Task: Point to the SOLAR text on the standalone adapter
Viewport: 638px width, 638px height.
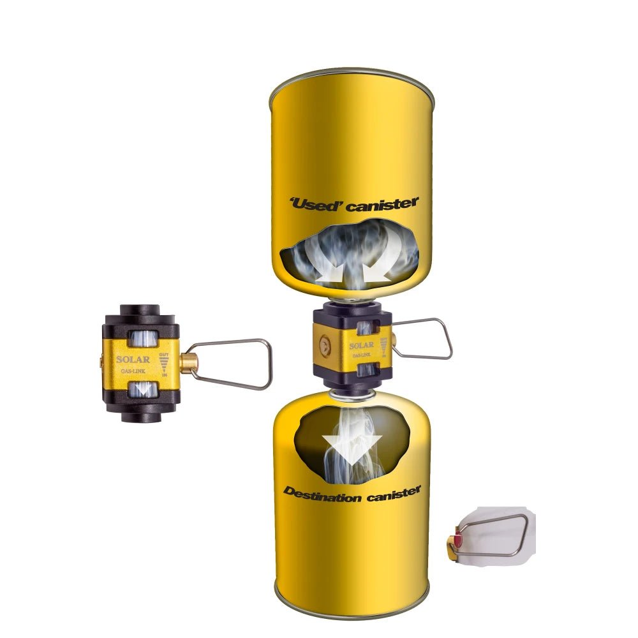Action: pos(133,359)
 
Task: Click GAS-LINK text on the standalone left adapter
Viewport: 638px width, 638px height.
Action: pos(133,371)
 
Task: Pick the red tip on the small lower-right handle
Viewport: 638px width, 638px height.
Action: pos(457,540)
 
